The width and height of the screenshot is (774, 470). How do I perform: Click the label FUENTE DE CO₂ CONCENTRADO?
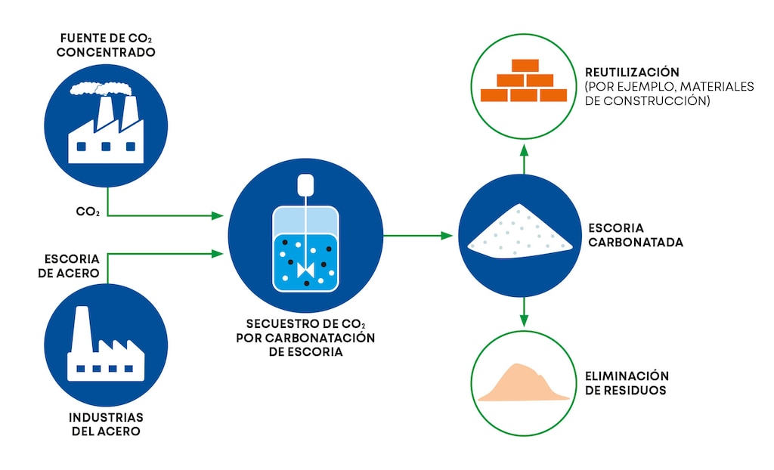(x=106, y=45)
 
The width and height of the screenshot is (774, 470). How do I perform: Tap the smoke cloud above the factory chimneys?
(x=101, y=89)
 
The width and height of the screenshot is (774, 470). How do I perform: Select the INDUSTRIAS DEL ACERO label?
(x=106, y=424)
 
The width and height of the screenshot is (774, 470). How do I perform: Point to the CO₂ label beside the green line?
(x=88, y=212)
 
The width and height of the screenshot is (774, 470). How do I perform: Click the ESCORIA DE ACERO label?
(x=69, y=266)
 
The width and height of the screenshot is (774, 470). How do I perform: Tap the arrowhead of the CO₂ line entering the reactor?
(x=217, y=215)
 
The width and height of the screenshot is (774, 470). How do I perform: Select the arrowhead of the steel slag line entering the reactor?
(x=217, y=254)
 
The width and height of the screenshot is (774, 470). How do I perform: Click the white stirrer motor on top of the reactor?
(x=305, y=184)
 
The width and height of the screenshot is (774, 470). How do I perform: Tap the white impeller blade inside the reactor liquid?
(x=305, y=270)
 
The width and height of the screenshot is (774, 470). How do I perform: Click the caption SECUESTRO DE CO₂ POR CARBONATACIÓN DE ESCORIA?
(x=305, y=338)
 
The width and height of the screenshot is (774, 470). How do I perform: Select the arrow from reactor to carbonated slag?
(x=418, y=236)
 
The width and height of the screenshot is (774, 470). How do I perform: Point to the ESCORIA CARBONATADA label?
(x=636, y=235)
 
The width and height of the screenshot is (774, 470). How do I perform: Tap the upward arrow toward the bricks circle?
(x=525, y=159)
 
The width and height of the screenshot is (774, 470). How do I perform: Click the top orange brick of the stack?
(x=525, y=66)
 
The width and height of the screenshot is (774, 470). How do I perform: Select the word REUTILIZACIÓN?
(x=632, y=72)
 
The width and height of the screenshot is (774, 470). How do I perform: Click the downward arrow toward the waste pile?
(x=525, y=311)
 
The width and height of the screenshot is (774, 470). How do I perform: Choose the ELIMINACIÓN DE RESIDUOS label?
(x=627, y=383)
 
